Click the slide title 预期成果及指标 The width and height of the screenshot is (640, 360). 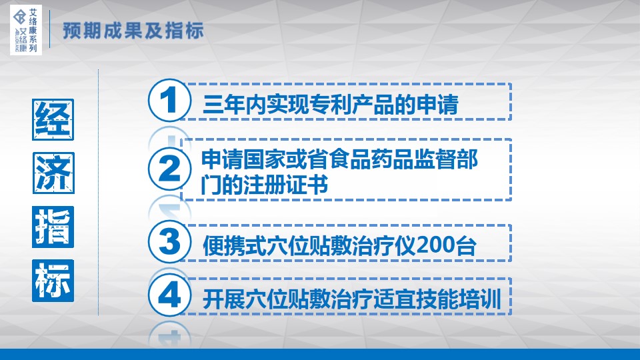tap(133, 31)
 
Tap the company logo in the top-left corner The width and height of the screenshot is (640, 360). tap(26, 30)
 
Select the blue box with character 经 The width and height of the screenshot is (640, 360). tap(53, 119)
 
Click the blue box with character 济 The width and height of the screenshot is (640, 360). tap(53, 173)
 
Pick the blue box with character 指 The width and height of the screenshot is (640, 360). tap(53, 227)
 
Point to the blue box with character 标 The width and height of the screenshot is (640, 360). tap(53, 281)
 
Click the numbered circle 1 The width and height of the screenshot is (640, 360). tap(169, 101)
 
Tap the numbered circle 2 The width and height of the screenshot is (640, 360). tap(169, 169)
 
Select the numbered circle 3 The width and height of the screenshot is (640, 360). tap(169, 241)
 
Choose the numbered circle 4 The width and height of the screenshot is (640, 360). tap(169, 295)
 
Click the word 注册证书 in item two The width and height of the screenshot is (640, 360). tap(286, 185)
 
